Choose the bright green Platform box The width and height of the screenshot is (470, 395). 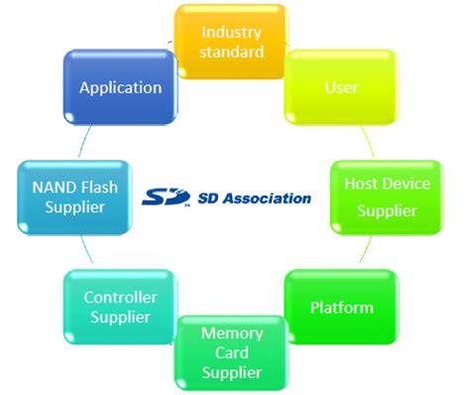click(x=341, y=307)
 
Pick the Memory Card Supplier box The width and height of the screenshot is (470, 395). click(x=232, y=352)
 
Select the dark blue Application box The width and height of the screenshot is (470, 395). click(x=121, y=87)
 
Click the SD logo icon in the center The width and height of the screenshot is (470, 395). click(x=165, y=197)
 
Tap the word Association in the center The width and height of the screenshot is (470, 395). click(x=270, y=197)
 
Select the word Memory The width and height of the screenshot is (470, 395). click(x=232, y=332)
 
